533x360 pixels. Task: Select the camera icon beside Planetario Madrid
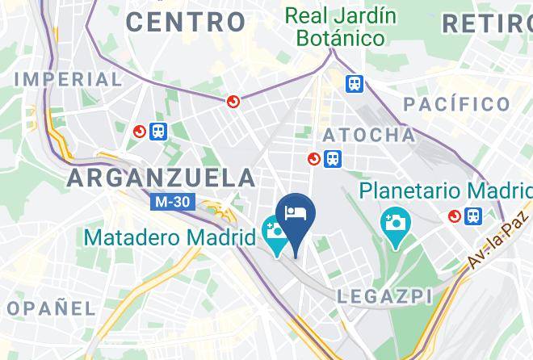coord(396,220)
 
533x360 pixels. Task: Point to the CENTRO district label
coord(186,22)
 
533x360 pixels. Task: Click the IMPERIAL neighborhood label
coord(68,79)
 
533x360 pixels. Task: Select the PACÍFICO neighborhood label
coord(457,103)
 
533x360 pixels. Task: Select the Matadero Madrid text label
coord(170,238)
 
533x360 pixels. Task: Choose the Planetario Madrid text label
coord(446,191)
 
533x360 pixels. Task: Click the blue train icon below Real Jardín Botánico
coord(354,84)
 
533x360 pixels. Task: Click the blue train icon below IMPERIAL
coord(158,131)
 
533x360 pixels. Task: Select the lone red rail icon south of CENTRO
coord(233,101)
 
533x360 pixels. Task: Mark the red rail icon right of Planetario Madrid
coord(454,216)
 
